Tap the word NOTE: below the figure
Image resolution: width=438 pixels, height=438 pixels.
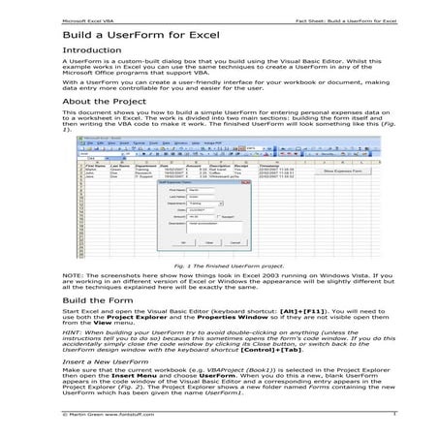tap(73, 275)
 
